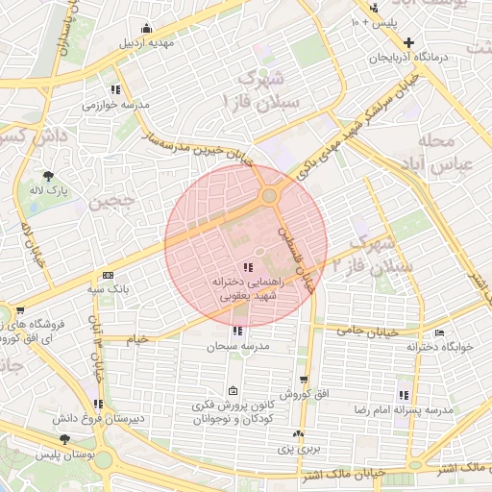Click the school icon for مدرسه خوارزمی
click(x=115, y=89)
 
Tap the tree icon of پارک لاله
click(x=48, y=175)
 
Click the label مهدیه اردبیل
click(x=144, y=43)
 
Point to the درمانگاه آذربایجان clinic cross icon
click(x=410, y=42)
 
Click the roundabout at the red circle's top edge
click(x=269, y=196)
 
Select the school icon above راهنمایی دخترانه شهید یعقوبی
click(x=248, y=268)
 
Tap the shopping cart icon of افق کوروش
click(x=304, y=381)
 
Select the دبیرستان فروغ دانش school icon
click(x=97, y=404)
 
